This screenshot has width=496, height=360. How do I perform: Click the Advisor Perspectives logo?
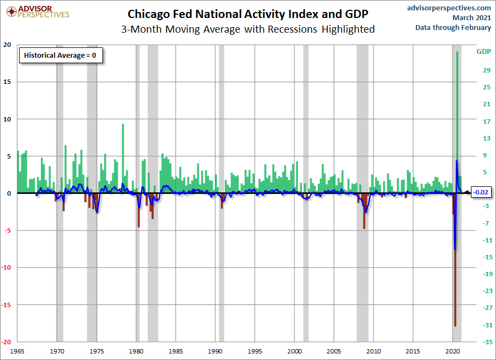[38, 12]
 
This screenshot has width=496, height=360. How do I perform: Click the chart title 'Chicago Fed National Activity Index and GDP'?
[247, 14]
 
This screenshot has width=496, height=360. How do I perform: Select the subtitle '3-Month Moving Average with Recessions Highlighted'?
[247, 29]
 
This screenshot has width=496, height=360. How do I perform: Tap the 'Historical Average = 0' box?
[61, 56]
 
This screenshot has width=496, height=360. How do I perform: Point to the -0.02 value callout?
[481, 192]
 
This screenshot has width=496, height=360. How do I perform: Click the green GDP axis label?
[483, 52]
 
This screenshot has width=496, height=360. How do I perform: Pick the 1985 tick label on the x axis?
[176, 351]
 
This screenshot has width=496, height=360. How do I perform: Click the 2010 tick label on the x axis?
[373, 351]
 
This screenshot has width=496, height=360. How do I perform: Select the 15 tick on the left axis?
[7, 82]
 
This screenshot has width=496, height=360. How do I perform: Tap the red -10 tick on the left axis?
[6, 267]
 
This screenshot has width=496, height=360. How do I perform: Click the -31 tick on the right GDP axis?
[487, 325]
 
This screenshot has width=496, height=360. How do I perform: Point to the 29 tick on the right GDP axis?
[487, 70]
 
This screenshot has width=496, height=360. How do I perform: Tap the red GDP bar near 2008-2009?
[364, 211]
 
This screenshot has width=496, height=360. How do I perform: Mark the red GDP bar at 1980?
[138, 210]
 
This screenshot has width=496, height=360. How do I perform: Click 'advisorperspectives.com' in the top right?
[449, 8]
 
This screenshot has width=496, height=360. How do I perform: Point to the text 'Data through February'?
[453, 27]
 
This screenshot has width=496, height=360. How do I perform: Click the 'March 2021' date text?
[471, 17]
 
